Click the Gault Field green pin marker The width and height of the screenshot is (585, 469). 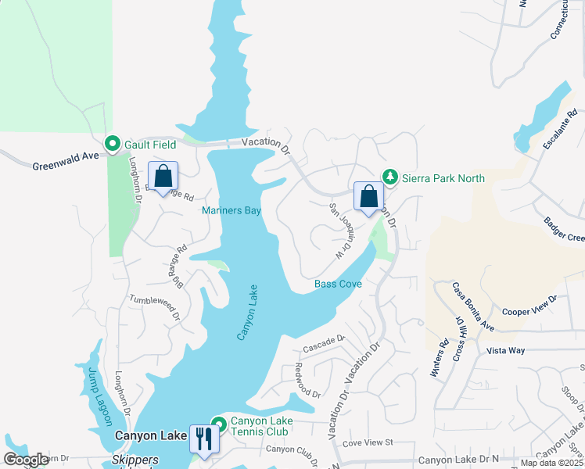112,144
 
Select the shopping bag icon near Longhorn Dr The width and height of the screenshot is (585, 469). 163,177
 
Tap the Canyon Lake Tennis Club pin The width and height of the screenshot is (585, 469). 219,424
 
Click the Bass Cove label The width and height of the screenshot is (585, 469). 338,284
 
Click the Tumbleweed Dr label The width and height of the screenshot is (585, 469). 155,306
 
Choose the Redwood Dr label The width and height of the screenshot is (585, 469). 307,381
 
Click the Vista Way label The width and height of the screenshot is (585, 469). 505,351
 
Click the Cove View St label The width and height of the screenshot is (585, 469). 367,442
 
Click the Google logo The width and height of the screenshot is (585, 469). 26,460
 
